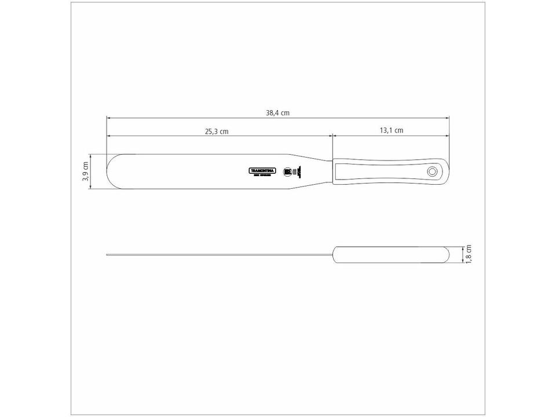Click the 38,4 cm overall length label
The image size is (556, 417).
[x=277, y=113]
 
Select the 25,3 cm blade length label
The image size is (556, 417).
[x=217, y=131]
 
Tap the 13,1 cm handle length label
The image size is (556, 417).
[x=392, y=130]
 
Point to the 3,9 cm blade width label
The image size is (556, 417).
[x=85, y=171]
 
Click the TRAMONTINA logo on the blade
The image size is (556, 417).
[x=262, y=171]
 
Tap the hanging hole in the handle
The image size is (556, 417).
[x=432, y=171]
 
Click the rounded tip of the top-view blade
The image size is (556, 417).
[x=109, y=171]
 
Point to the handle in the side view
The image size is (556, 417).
[x=391, y=254]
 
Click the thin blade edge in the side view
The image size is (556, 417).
[x=220, y=254]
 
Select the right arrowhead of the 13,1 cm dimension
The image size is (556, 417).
[x=447, y=136]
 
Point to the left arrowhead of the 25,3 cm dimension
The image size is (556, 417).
[x=108, y=136]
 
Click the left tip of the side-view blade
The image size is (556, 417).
[x=108, y=254]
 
